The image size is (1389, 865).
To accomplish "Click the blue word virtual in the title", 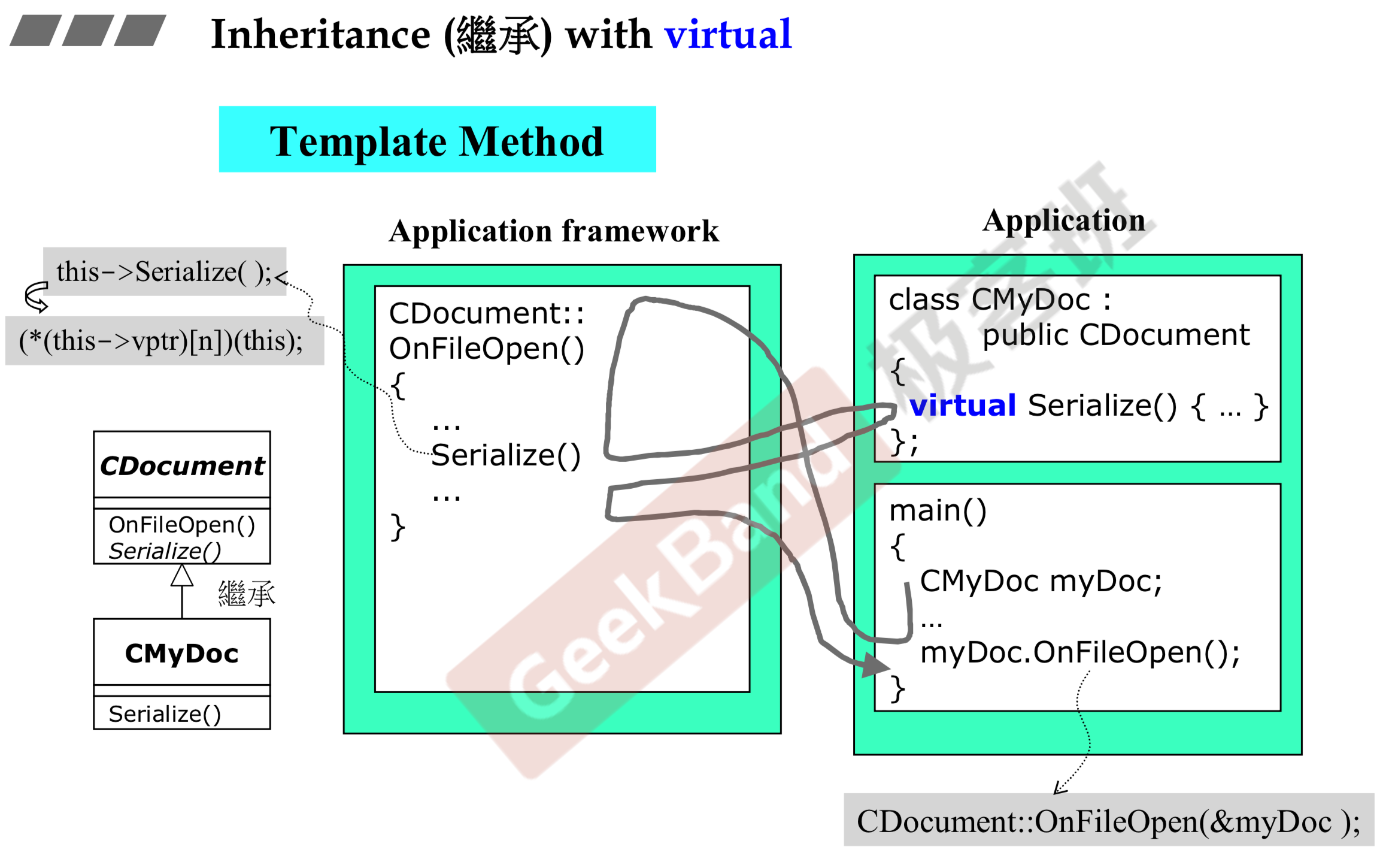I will [728, 35].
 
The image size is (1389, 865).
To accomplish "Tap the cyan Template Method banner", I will [437, 140].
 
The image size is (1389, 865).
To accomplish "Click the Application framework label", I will [554, 231].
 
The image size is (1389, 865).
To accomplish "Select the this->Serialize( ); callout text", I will [164, 272].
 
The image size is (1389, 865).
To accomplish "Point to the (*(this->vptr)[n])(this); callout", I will [161, 341].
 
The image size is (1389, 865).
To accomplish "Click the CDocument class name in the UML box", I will [182, 465].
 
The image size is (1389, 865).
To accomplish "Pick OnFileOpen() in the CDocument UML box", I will [182, 525].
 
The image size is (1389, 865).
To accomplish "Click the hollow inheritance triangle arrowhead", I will [182, 576].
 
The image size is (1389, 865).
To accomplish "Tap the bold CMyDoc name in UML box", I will [182, 653].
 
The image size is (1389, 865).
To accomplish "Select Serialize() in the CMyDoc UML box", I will [165, 714].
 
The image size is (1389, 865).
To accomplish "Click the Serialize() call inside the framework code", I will [506, 455].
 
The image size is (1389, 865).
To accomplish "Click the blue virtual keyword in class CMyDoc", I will [963, 406].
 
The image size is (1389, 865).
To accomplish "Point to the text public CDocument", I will [1116, 335].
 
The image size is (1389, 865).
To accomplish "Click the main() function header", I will [938, 510].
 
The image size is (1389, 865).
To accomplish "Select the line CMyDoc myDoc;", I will [1041, 581].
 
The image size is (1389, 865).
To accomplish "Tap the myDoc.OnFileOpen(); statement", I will [1080, 652].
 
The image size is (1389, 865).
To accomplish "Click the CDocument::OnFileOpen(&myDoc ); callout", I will [1108, 821].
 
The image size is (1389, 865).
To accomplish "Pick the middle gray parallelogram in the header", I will [88, 31].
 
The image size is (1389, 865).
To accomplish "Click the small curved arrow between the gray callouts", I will [37, 297].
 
